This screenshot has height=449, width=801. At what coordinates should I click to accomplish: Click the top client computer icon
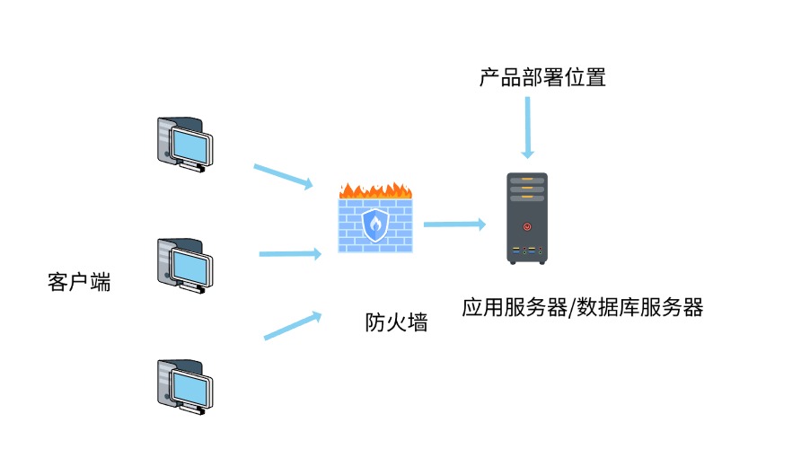point(184,143)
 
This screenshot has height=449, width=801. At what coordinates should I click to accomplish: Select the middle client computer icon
point(184,266)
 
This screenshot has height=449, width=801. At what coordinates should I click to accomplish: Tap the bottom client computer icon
point(184,386)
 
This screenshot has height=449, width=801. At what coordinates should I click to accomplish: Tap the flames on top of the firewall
point(375,189)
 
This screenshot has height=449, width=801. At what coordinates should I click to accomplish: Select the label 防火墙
point(396,322)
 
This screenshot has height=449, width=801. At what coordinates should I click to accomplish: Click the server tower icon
point(526,218)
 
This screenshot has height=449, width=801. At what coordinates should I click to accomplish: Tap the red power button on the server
point(526,226)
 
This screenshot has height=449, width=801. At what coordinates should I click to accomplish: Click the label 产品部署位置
point(542,78)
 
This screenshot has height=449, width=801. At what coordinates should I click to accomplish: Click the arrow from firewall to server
point(454,223)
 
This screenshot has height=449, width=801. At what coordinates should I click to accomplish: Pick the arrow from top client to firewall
point(284,176)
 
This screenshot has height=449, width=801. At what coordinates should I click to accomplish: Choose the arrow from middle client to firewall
point(289,254)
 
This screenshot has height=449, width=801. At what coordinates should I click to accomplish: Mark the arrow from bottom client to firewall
point(293,325)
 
